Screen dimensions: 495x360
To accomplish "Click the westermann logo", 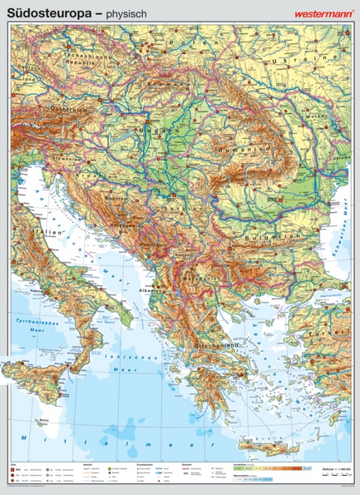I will tap(321, 12).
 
